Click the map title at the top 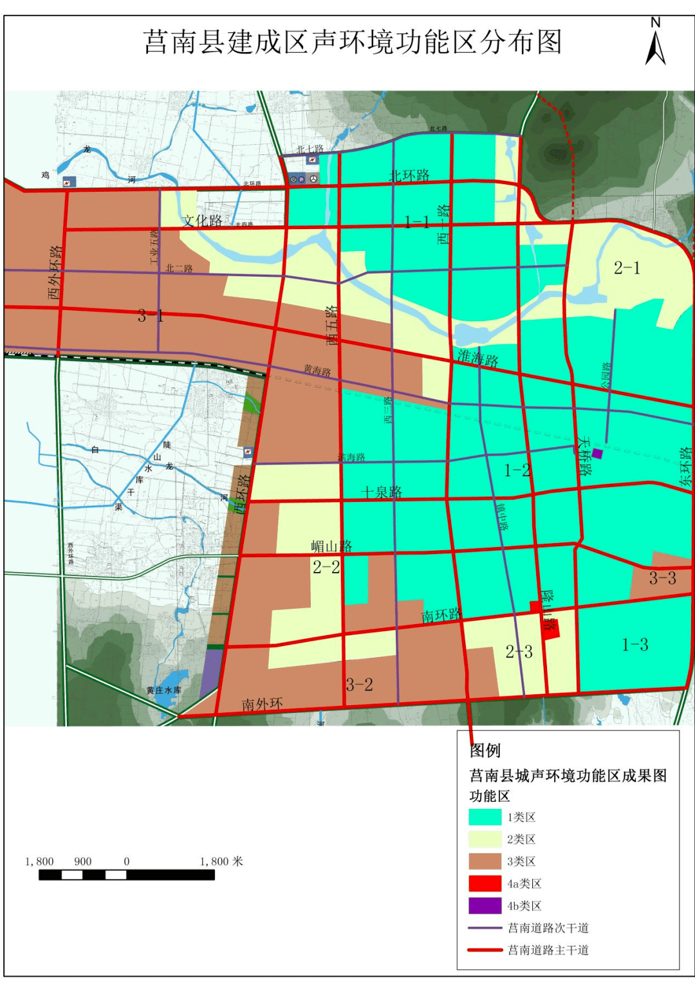click(353, 42)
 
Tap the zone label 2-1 click(627, 268)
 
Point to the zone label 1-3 click(635, 644)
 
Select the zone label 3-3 click(662, 578)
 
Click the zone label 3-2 click(359, 685)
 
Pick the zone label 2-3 click(519, 652)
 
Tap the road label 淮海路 click(478, 358)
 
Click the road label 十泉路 click(382, 492)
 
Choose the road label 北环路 click(409, 175)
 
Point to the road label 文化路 click(202, 221)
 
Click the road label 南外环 click(262, 704)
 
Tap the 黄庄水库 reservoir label click(163, 690)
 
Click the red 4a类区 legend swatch click(485, 884)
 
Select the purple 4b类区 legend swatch click(485, 905)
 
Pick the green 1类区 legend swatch click(485, 817)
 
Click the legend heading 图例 click(485, 750)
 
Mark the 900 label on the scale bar click(82, 861)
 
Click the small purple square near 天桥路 click(597, 454)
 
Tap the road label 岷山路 click(331, 546)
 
